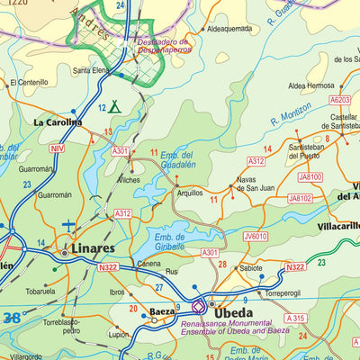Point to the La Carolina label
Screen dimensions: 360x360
[58, 121]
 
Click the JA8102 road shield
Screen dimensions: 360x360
[300, 198]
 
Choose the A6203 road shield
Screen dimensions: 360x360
[339, 100]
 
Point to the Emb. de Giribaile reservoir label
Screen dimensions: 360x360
[168, 240]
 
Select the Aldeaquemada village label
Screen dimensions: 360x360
[229, 29]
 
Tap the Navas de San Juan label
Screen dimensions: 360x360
[256, 185]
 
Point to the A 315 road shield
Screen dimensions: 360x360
[295, 319]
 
